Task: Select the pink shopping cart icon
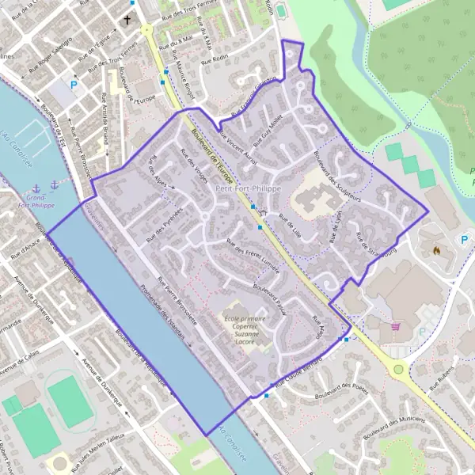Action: click(394, 325)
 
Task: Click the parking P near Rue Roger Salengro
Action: click(75, 84)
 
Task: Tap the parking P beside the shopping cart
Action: click(421, 332)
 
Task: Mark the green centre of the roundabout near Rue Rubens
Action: click(398, 369)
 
